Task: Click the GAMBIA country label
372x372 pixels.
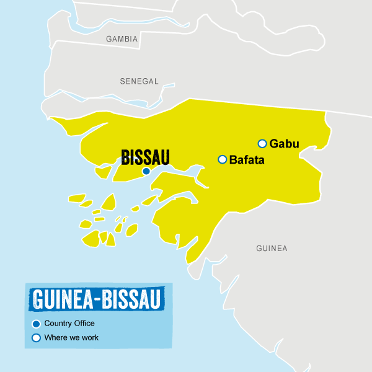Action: click(x=122, y=38)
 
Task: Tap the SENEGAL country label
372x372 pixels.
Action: click(x=139, y=81)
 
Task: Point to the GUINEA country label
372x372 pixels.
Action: click(x=272, y=249)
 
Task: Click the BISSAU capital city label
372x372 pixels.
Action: click(x=145, y=157)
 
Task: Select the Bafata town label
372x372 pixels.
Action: click(x=247, y=160)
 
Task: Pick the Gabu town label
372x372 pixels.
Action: click(x=284, y=144)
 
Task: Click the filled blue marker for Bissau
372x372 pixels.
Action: click(x=146, y=171)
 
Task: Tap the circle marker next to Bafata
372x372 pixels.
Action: click(x=222, y=160)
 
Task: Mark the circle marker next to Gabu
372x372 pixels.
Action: click(x=262, y=144)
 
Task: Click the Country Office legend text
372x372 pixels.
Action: click(x=69, y=323)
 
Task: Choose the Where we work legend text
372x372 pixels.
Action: click(x=71, y=338)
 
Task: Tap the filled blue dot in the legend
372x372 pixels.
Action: click(x=36, y=324)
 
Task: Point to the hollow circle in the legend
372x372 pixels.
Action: click(x=36, y=338)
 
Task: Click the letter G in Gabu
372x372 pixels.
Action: click(x=273, y=144)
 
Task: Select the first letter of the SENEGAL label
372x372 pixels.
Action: click(x=122, y=81)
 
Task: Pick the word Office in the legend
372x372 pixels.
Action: click(x=84, y=323)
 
